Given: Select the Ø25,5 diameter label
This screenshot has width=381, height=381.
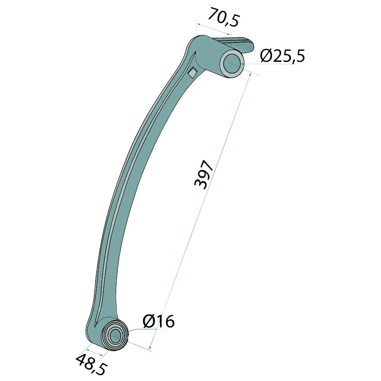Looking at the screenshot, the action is click(282, 56).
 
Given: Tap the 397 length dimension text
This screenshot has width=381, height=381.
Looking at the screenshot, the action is click(204, 174).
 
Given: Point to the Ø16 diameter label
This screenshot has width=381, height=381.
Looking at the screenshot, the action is click(159, 321).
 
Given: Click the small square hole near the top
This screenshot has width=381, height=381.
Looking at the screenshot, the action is click(193, 72).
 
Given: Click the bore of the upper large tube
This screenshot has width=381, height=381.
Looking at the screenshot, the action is click(232, 64).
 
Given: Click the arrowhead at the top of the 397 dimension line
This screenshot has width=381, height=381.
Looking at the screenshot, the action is click(249, 74).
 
